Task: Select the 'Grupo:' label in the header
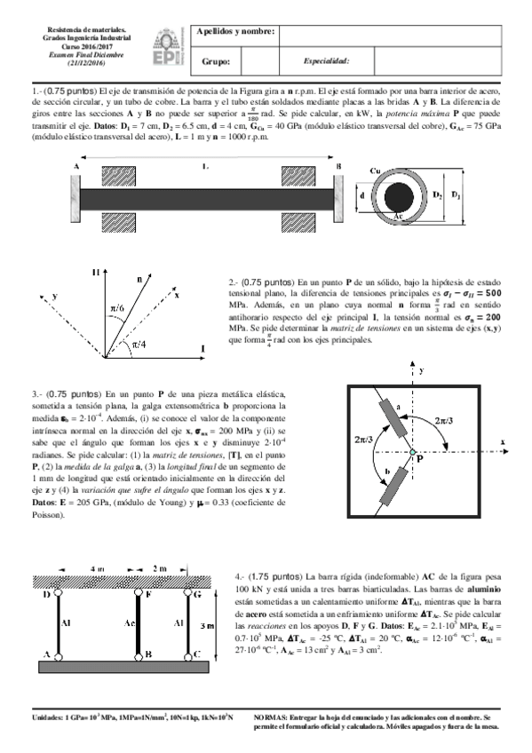(x=217, y=61)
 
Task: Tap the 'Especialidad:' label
(x=326, y=61)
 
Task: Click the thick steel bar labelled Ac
(x=136, y=624)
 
